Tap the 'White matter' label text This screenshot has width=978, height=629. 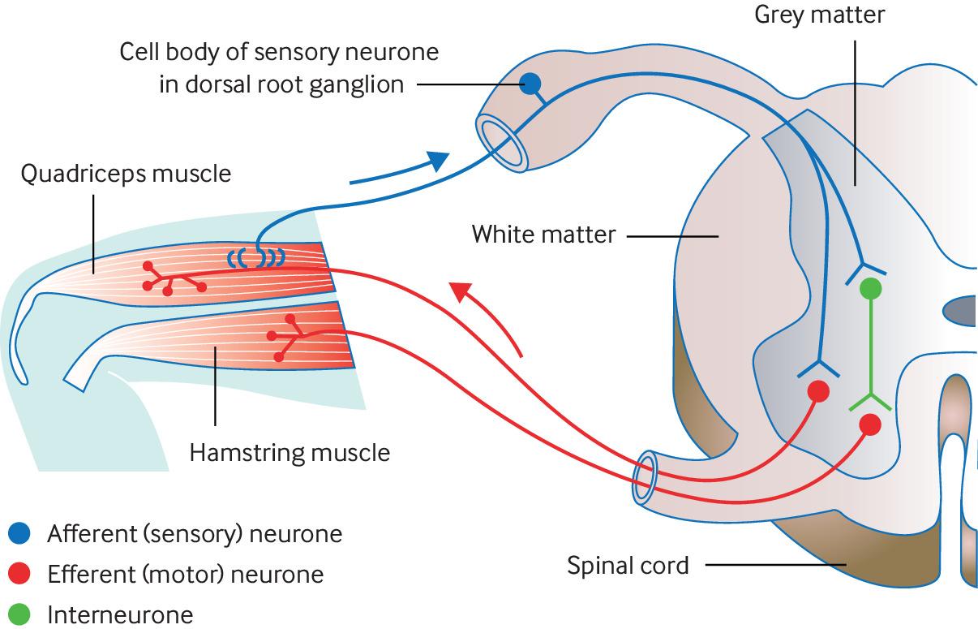tap(543, 235)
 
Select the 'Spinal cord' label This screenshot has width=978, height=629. tap(628, 564)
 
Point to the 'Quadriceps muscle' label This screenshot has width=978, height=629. tap(126, 174)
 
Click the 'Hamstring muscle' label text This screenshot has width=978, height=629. tap(290, 451)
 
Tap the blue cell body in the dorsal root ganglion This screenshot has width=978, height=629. tap(530, 82)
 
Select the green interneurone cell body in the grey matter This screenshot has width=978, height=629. tap(869, 287)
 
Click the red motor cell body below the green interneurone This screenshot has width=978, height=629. tap(869, 424)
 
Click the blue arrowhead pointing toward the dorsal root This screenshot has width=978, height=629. tap(438, 160)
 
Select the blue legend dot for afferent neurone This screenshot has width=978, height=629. tap(19, 533)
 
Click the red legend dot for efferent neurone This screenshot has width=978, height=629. tap(19, 574)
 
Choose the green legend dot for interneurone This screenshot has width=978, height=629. tap(19, 614)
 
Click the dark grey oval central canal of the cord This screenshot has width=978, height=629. tap(961, 310)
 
